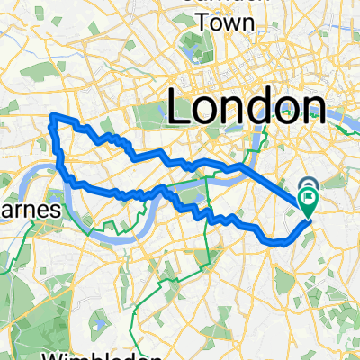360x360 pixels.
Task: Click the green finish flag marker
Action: [310, 197]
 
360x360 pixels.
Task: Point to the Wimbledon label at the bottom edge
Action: [53, 355]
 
